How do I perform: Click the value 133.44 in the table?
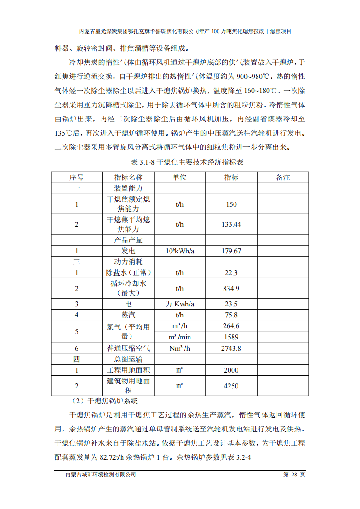231,224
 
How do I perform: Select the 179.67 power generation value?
231,251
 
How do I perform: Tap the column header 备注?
283,177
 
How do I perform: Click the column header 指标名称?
128,177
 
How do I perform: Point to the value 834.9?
231,289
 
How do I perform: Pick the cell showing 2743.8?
231,348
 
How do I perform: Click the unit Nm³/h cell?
180,348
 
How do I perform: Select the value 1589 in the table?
231,337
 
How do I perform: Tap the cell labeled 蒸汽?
128,315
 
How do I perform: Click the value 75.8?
231,315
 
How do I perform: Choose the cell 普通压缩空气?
128,348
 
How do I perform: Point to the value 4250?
231,386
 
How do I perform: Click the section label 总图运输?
128,359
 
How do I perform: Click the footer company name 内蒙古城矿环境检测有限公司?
101,475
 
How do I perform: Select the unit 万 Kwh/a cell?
180,304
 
